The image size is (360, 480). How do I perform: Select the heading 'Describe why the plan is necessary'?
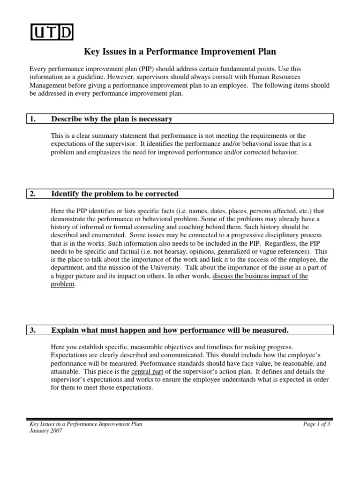112,119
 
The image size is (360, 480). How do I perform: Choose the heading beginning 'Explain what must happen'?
170,330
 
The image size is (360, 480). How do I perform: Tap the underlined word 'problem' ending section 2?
62,285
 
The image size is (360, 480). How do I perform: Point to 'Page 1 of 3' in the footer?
317,424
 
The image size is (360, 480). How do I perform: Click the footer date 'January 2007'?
45,431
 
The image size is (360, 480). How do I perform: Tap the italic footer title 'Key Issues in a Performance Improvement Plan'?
86,424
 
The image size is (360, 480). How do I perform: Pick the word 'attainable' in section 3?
66,372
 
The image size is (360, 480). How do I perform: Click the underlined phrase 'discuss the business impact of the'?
260,276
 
